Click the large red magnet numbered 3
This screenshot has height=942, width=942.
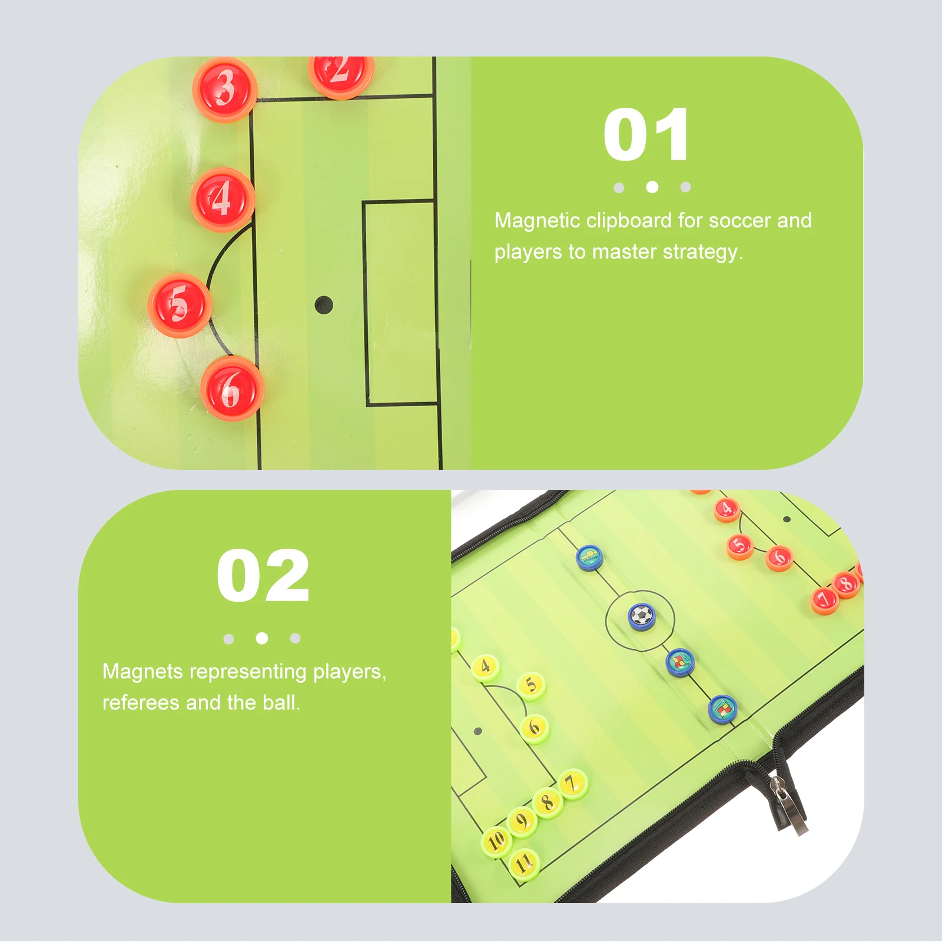(224, 89)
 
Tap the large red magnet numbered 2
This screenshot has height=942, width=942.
(340, 73)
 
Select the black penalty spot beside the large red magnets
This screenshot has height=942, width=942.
(324, 305)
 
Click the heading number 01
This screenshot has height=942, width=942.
(646, 135)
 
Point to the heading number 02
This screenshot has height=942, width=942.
(263, 576)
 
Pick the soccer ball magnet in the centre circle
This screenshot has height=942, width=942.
(641, 616)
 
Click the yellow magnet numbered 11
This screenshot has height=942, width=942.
(523, 864)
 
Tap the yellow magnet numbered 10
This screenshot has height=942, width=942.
(496, 840)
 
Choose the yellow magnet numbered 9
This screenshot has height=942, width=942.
(522, 821)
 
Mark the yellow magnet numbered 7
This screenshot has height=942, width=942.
(571, 784)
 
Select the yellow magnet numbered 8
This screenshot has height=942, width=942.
(548, 802)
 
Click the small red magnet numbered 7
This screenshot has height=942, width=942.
(824, 599)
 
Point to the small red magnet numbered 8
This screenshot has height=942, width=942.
(846, 583)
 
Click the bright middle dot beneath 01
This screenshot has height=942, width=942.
(652, 187)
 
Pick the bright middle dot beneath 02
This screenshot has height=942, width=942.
(262, 638)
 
